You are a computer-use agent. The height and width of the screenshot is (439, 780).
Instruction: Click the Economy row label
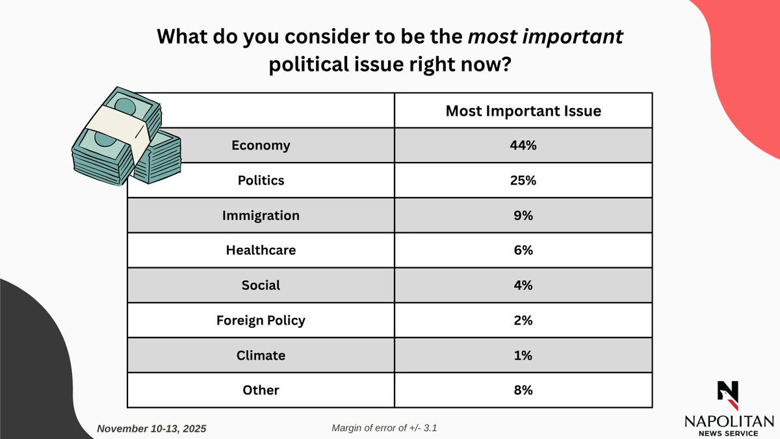coord(261,146)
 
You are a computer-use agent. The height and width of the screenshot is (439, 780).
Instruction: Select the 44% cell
coord(523,146)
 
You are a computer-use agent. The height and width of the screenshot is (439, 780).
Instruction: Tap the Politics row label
coord(261,180)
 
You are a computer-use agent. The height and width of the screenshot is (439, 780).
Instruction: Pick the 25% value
coord(523,180)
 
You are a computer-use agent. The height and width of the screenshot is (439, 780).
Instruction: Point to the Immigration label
coord(261,215)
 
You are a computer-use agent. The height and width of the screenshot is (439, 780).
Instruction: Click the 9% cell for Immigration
coord(523,215)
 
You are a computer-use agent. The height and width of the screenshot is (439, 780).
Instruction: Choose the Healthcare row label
coord(261,250)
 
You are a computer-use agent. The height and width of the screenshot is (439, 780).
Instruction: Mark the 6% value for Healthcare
coord(523,250)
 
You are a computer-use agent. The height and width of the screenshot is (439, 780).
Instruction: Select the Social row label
coord(261,285)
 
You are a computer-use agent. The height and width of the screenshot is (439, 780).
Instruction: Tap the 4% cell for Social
coord(523,285)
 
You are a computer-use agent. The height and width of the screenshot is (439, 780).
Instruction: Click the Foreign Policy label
coord(261,320)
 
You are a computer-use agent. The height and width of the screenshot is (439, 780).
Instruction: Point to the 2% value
coord(523,320)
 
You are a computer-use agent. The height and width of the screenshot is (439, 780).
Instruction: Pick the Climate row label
coord(261,355)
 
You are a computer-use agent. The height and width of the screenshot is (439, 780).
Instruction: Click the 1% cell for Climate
coord(523,355)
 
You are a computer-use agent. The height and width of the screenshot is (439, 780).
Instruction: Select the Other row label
coord(261,390)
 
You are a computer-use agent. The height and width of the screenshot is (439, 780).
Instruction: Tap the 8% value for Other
coord(523,390)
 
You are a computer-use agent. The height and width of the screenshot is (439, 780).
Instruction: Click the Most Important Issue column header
coord(523,111)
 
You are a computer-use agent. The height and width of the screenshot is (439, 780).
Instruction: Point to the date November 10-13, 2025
coord(151,429)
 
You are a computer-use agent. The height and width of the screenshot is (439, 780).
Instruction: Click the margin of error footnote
coord(388,428)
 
